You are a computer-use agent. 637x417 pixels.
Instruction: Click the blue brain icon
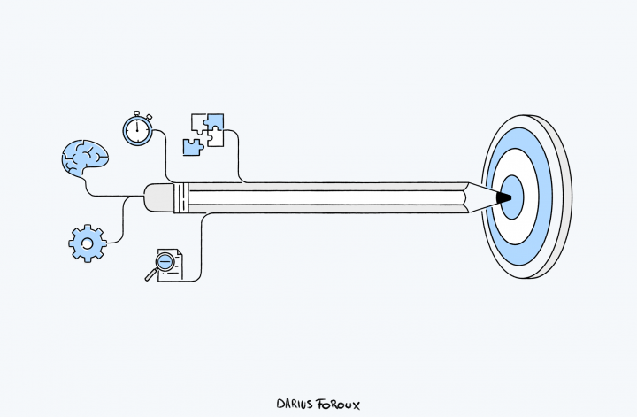coord(85,158)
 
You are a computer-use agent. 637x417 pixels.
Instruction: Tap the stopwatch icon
coord(138,128)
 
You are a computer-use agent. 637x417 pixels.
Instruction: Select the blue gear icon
coord(88,243)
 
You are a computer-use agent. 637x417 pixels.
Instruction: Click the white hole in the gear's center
coord(88,243)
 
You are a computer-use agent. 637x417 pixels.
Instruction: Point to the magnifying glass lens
coord(165,261)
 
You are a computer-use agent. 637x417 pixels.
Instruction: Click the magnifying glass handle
coord(151,275)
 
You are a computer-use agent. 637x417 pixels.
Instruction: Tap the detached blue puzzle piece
coord(193,147)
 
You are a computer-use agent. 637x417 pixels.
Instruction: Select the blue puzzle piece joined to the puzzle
coord(214,122)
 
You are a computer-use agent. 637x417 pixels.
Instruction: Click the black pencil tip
coord(503,197)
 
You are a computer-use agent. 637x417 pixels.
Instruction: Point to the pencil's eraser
coord(159,198)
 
